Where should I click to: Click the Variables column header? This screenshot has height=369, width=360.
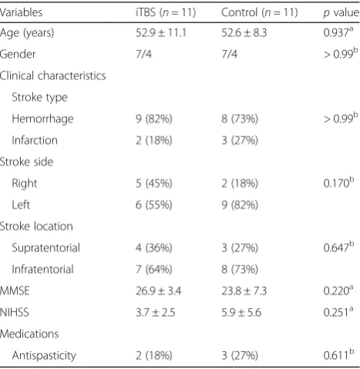click(x=21, y=12)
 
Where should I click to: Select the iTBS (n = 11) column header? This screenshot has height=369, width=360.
click(x=166, y=12)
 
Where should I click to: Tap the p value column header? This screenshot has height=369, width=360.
click(x=341, y=13)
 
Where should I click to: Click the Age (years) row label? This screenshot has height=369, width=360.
click(x=27, y=33)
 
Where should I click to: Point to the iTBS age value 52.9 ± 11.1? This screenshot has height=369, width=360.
click(x=161, y=33)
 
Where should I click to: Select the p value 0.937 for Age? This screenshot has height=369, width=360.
click(x=338, y=32)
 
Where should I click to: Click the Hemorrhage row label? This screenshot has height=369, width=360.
click(x=42, y=119)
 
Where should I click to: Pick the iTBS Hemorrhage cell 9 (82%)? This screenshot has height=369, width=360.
click(x=154, y=119)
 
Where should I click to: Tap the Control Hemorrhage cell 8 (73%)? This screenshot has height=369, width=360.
click(x=240, y=119)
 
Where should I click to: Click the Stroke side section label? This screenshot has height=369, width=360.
click(x=26, y=162)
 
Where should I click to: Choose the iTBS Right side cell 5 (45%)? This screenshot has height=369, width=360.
click(x=154, y=183)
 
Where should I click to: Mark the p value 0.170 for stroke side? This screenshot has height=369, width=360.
click(x=338, y=183)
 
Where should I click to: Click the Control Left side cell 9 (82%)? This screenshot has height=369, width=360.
click(x=240, y=205)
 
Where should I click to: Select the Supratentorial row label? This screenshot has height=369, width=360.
click(x=46, y=248)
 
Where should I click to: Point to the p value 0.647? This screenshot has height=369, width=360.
click(x=338, y=247)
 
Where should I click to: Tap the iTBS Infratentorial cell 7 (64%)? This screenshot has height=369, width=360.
click(x=154, y=270)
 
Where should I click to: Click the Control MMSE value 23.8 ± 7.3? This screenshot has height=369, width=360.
click(x=244, y=291)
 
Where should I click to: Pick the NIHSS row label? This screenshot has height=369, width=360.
click(x=15, y=313)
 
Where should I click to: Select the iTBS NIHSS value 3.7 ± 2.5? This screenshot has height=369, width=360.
click(x=156, y=313)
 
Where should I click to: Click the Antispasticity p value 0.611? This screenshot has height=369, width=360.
click(x=338, y=355)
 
